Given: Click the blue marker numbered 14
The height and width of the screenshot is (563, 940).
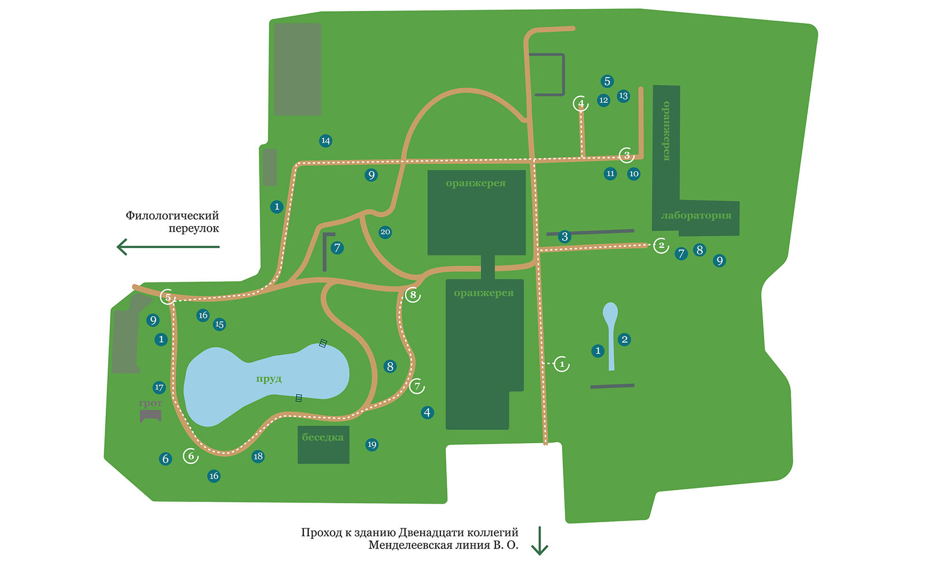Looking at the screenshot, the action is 326,140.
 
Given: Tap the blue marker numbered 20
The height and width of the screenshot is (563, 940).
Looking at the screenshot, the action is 385,232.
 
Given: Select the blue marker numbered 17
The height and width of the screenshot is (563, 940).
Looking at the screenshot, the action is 159,387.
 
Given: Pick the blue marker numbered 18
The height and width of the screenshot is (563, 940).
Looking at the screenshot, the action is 258,456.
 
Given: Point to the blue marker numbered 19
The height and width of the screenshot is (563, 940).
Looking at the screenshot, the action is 372,445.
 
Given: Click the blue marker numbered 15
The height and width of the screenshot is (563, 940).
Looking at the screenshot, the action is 219,324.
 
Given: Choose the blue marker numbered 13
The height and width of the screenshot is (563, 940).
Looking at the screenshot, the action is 623,96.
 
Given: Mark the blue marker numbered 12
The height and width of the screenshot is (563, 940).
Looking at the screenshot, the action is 603,100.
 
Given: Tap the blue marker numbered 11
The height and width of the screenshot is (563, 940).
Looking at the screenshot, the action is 610,173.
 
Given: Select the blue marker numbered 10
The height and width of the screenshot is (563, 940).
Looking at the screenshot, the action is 633,173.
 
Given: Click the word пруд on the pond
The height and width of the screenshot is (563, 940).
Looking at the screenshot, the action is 269,379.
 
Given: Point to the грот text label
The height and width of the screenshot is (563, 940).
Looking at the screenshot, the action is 151,403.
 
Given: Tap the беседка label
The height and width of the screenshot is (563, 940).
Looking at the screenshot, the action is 323,437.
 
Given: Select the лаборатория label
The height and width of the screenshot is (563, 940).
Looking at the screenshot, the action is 696,215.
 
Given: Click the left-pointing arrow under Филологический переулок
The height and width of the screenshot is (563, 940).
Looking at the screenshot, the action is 168,246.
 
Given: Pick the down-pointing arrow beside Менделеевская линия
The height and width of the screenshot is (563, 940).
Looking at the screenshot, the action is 539,541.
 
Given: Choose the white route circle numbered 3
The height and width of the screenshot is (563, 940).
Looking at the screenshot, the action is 627,155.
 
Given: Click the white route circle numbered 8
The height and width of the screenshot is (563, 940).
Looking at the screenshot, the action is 413,294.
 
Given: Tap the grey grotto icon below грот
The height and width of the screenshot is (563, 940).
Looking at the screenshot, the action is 151,416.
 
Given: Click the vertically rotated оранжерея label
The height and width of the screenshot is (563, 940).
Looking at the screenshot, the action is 666,131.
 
